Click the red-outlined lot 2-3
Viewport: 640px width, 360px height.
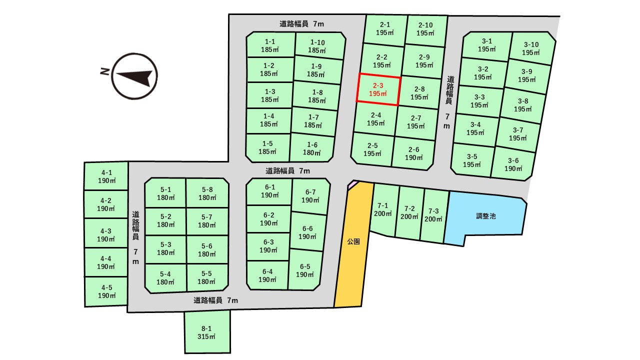pyautogui.click(x=378, y=90)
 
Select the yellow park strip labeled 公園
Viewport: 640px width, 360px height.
pyautogui.click(x=354, y=245)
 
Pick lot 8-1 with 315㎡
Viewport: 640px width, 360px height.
pyautogui.click(x=207, y=332)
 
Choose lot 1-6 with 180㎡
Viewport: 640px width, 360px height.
pyautogui.click(x=312, y=148)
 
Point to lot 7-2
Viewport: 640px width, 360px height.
pyautogui.click(x=410, y=212)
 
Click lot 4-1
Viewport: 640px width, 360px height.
pyautogui.click(x=106, y=176)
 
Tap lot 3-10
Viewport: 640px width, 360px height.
pyautogui.click(x=531, y=48)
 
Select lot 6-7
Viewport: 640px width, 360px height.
pyautogui.click(x=310, y=195)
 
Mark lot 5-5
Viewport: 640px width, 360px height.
pyautogui.click(x=207, y=277)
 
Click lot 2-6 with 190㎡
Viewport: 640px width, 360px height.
pyautogui.click(x=413, y=153)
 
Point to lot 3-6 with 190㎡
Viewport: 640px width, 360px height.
pyautogui.click(x=512, y=164)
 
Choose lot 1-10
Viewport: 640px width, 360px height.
pyautogui.click(x=317, y=46)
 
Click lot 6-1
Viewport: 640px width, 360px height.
pyautogui.click(x=269, y=191)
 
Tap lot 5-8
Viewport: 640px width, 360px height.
pyautogui.click(x=207, y=193)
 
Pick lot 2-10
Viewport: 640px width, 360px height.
pyautogui.click(x=425, y=29)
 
